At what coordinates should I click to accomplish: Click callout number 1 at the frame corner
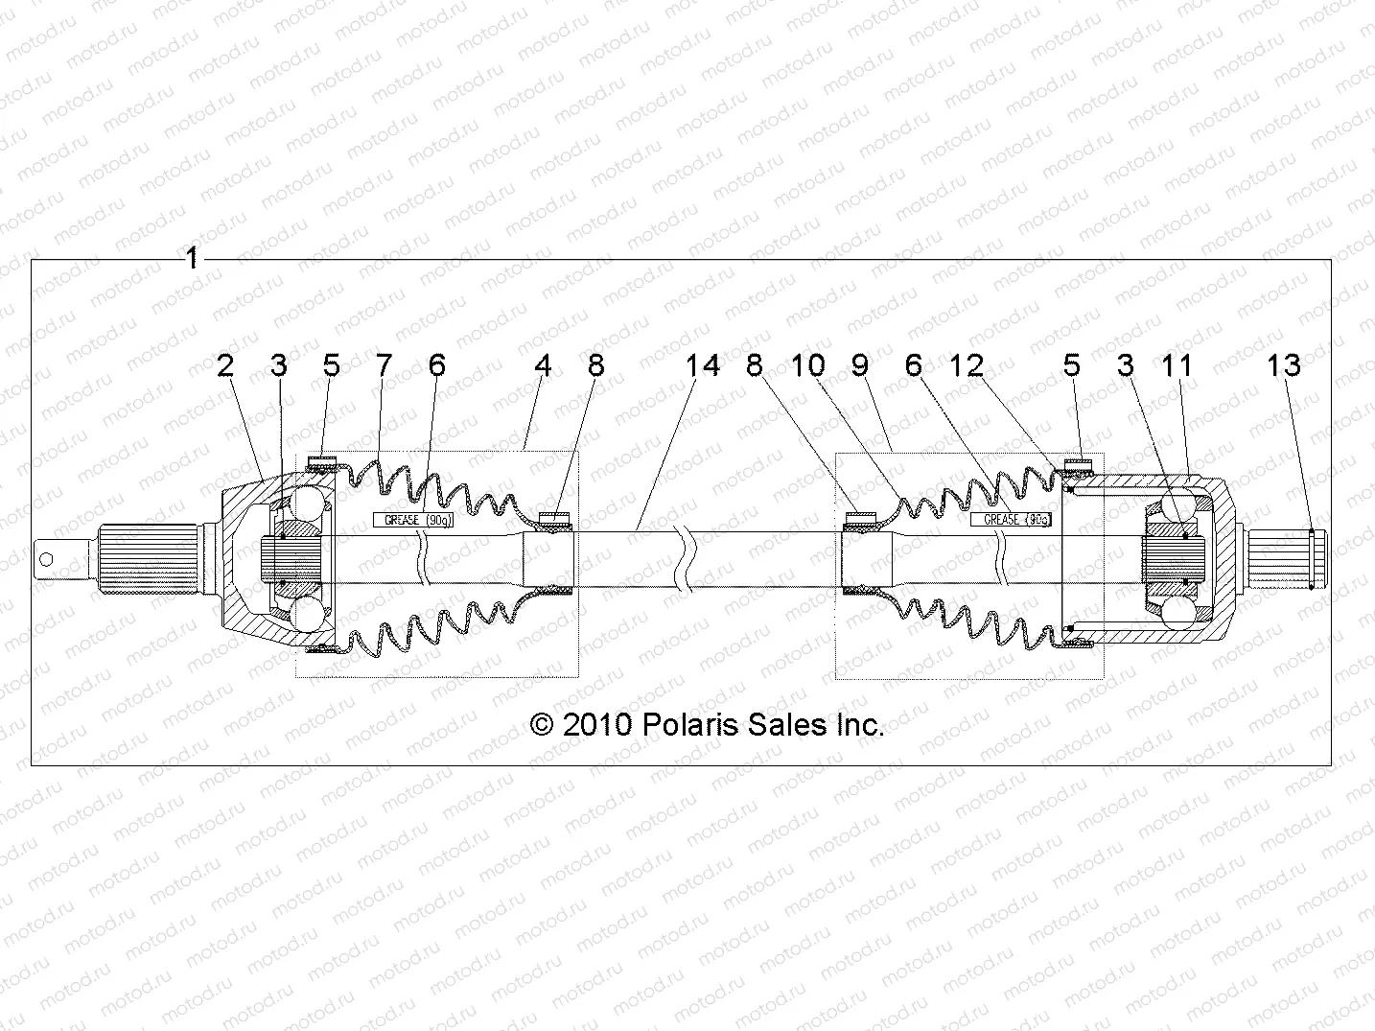pos(192,258)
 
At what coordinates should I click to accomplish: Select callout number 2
pos(225,365)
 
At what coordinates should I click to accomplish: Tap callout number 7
pos(384,365)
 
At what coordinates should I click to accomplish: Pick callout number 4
pos(544,365)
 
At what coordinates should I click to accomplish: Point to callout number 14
pos(703,365)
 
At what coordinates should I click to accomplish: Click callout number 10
pos(807,365)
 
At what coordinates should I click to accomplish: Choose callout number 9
pos(859,365)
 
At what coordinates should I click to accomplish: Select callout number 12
pos(967,365)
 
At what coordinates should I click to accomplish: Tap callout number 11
pos(1177,365)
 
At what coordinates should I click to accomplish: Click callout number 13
pos(1284,365)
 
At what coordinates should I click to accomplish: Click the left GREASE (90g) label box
pos(412,520)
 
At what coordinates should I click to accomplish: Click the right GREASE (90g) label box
pos(1011,519)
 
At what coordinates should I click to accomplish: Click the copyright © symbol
pos(543,725)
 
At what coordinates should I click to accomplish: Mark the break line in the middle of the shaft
pos(684,558)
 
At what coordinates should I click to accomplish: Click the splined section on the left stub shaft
pos(144,557)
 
